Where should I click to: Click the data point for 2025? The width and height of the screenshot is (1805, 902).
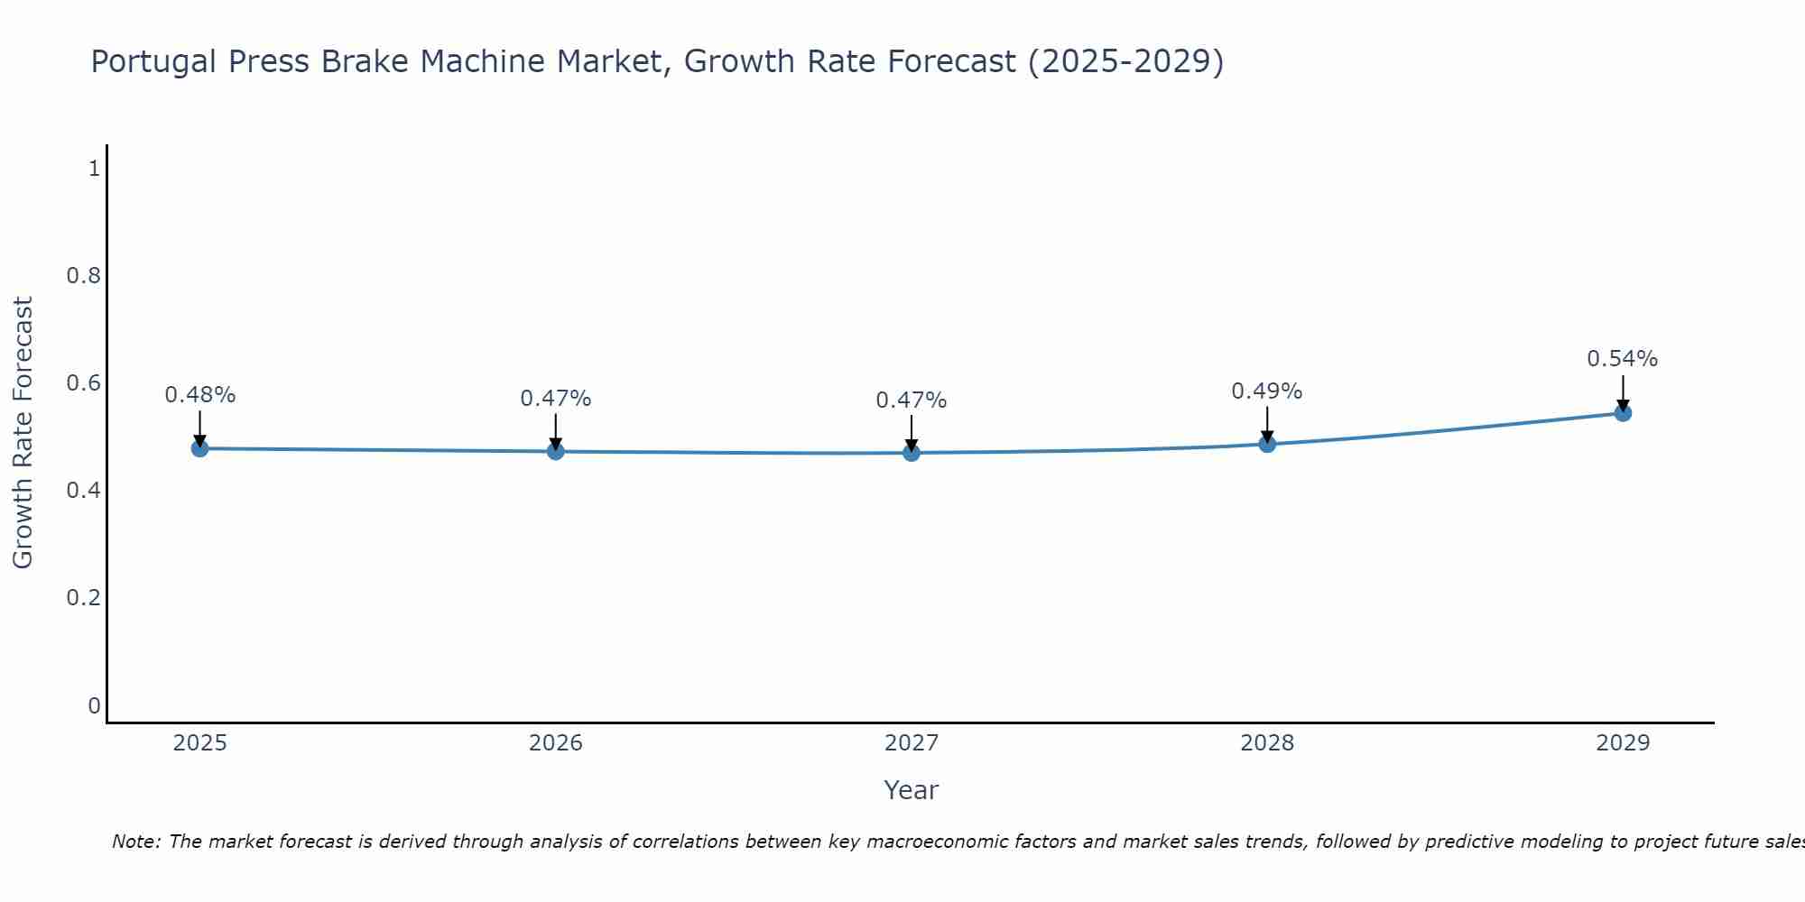pyautogui.click(x=200, y=448)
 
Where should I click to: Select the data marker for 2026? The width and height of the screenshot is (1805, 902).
pyautogui.click(x=556, y=451)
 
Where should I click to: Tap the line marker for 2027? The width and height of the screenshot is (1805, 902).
pyautogui.click(x=912, y=453)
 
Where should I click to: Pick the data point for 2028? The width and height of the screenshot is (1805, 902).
pyautogui.click(x=1267, y=444)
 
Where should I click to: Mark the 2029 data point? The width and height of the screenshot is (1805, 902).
pyautogui.click(x=1623, y=413)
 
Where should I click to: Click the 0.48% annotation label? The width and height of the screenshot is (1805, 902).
pyautogui.click(x=200, y=395)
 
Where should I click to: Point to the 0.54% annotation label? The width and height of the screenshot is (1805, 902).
pyautogui.click(x=1623, y=359)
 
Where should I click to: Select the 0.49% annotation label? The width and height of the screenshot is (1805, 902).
pyautogui.click(x=1267, y=391)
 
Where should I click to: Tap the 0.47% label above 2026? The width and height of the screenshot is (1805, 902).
pyautogui.click(x=556, y=399)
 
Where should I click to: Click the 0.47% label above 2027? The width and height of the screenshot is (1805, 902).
pyautogui.click(x=912, y=400)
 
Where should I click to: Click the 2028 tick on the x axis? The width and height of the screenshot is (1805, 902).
pyautogui.click(x=1267, y=743)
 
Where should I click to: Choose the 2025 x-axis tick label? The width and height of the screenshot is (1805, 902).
pyautogui.click(x=200, y=743)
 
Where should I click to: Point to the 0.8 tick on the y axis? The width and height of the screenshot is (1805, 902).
pyautogui.click(x=83, y=276)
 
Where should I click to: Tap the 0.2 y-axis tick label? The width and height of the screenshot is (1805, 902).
pyautogui.click(x=83, y=598)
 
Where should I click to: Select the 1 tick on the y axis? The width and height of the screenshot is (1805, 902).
pyautogui.click(x=94, y=169)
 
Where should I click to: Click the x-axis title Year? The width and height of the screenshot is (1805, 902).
pyautogui.click(x=912, y=790)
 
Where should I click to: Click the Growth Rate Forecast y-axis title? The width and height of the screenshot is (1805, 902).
pyautogui.click(x=23, y=433)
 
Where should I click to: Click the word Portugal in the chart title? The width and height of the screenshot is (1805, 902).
pyautogui.click(x=154, y=62)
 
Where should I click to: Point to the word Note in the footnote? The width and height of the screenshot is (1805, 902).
pyautogui.click(x=135, y=842)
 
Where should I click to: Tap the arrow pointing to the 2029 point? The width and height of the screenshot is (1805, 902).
pyautogui.click(x=1623, y=393)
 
